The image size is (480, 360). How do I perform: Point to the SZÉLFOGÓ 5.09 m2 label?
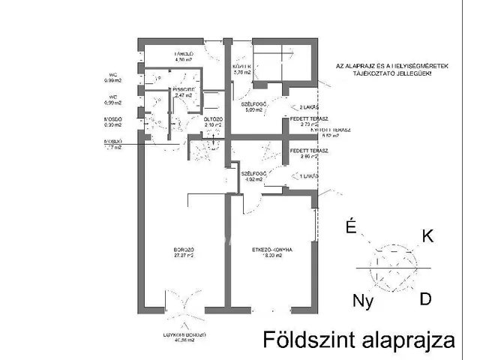pos(253,106)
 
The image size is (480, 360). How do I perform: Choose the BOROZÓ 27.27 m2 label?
pos(184,252)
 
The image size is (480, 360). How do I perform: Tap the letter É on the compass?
pos(349,227)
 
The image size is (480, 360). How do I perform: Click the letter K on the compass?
pos(427,236)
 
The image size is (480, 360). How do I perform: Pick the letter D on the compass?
pos(425,299)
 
